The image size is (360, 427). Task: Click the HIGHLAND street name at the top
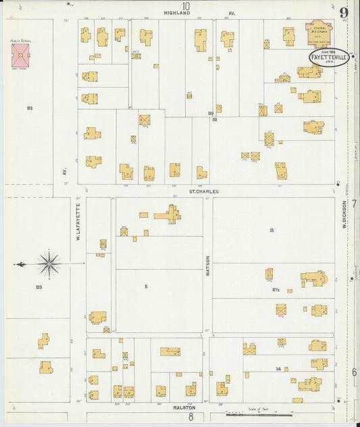pos(178,13)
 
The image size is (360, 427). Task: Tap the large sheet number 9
pos(344,12)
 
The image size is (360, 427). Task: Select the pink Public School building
pos(21,55)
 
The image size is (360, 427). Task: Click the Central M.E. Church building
pos(319,33)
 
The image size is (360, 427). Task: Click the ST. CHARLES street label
pos(203,192)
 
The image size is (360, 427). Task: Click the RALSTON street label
pos(184,408)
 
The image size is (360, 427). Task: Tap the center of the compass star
pos(49,263)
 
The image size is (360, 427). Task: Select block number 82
pos(30,108)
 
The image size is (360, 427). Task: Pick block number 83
pos(39,288)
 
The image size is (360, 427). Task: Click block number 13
pos(271,230)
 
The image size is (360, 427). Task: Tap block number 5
pos(146,286)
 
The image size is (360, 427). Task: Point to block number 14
pos(278,369)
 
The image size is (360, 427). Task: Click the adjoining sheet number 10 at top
pos(185,6)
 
